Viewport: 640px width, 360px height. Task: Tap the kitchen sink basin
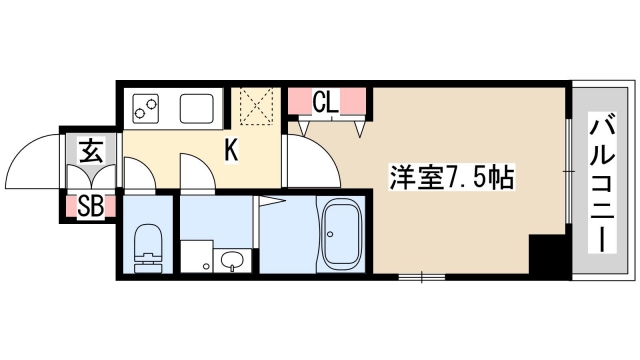pyautogui.click(x=195, y=105)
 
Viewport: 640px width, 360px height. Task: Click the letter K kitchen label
pyautogui.click(x=230, y=151)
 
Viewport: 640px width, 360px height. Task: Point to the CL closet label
pyautogui.click(x=324, y=101)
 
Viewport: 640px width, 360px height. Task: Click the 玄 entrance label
pyautogui.click(x=91, y=153)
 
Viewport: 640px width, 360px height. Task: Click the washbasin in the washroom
pyautogui.click(x=232, y=263)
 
